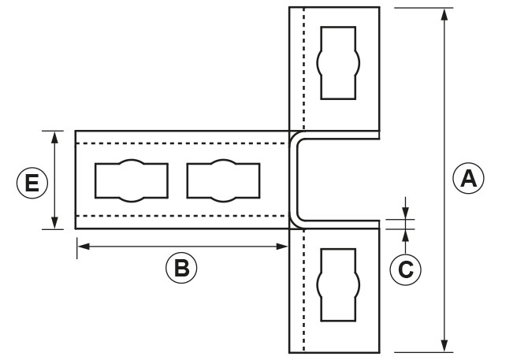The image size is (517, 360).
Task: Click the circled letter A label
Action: [x=468, y=179]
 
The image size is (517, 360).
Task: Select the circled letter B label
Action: [x=181, y=268]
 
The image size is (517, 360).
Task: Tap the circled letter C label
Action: [x=406, y=269]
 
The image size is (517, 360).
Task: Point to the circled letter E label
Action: [x=32, y=184]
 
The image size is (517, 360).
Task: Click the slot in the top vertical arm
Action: [x=338, y=62]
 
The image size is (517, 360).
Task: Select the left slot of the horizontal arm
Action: [x=131, y=180]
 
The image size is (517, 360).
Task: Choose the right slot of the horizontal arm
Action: [x=223, y=180]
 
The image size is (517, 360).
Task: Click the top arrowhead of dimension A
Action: [x=445, y=14]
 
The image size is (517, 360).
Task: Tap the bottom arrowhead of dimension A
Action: [x=445, y=346]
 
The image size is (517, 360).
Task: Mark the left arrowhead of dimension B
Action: [x=82, y=247]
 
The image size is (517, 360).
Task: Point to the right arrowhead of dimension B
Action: [x=284, y=247]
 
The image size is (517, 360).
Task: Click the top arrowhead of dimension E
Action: [x=54, y=136]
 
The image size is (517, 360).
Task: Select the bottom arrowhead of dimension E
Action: [x=54, y=223]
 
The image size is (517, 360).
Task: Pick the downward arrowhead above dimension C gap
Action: [x=405, y=215]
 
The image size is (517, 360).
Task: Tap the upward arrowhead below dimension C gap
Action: [x=405, y=234]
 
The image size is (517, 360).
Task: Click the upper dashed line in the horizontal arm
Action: [x=181, y=144]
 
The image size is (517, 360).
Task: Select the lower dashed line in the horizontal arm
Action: [x=181, y=216]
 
